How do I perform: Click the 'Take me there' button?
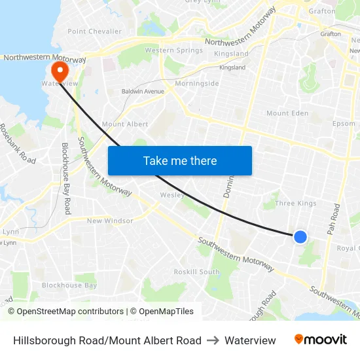pyautogui.click(x=180, y=160)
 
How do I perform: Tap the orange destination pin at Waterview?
pyautogui.click(x=59, y=70)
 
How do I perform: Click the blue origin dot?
pyautogui.click(x=300, y=236)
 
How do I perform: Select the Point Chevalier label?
pyautogui.click(x=94, y=31)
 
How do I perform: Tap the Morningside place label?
pyautogui.click(x=197, y=84)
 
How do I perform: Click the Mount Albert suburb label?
pyautogui.click(x=125, y=124)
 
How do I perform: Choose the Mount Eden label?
pyautogui.click(x=287, y=113)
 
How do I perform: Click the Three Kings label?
pyautogui.click(x=295, y=204)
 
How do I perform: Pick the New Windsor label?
pyautogui.click(x=110, y=221)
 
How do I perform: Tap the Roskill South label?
pyautogui.click(x=197, y=272)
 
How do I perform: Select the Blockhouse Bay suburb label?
pyautogui.click(x=69, y=285)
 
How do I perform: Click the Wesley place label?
pyautogui.click(x=172, y=195)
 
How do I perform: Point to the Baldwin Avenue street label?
pyautogui.click(x=143, y=92)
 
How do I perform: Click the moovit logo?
pyautogui.click(x=321, y=340)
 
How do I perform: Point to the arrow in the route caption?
pyautogui.click(x=213, y=340)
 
